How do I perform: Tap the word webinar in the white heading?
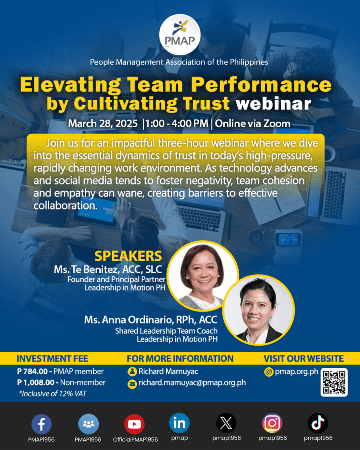click(273, 104)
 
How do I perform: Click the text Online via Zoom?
click(252, 123)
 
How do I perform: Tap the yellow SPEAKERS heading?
click(128, 256)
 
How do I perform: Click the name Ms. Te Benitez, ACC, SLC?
click(108, 269)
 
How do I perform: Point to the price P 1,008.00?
click(37, 382)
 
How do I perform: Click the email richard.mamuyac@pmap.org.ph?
click(192, 383)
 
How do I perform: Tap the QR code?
click(335, 382)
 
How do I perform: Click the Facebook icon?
click(41, 424)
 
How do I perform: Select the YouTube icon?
click(134, 424)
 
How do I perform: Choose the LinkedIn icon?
click(179, 423)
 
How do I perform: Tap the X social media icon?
click(226, 424)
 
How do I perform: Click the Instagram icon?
click(272, 424)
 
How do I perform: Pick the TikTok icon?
click(318, 424)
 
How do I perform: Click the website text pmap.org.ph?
click(296, 372)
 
